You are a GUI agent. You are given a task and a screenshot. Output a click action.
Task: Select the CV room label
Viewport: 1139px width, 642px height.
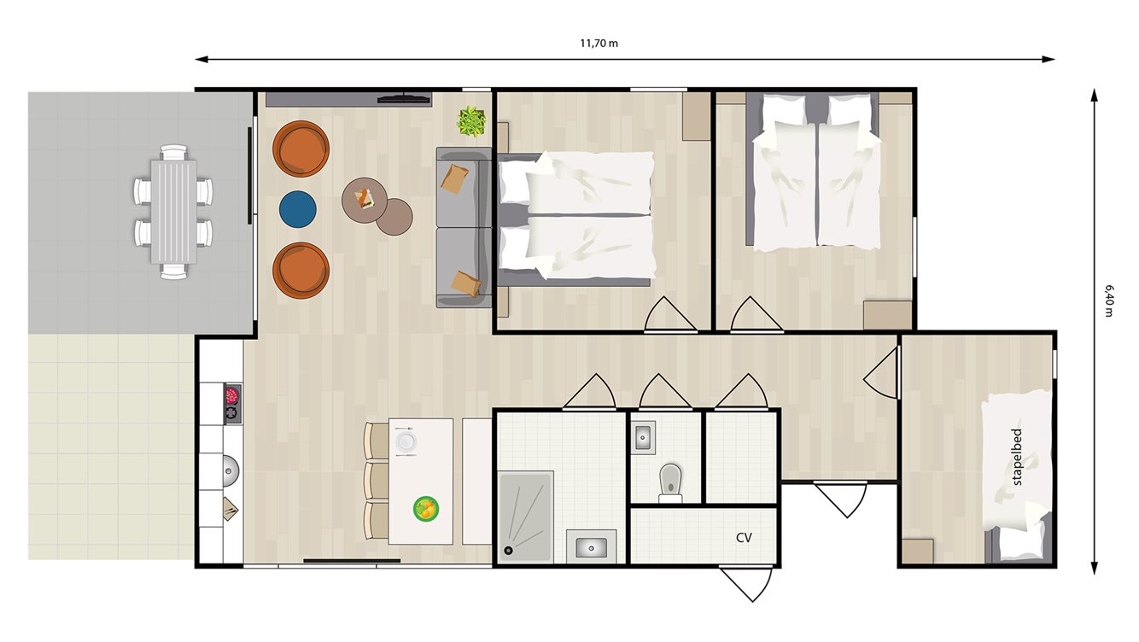click(744, 538)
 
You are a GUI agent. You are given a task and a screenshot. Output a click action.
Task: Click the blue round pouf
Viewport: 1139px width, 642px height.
click(298, 210)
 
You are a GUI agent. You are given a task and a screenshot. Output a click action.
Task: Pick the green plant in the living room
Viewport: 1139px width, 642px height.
click(470, 121)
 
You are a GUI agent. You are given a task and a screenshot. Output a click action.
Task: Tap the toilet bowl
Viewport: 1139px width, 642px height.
click(670, 479)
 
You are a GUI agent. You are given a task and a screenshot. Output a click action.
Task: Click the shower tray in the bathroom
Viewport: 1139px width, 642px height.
click(525, 516)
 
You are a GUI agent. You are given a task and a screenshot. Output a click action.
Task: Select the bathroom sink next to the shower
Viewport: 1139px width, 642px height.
click(591, 546)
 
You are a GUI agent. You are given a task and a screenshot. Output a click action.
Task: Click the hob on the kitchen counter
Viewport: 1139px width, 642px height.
click(231, 404)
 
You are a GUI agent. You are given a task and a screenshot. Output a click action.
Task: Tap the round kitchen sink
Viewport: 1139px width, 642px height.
click(230, 469)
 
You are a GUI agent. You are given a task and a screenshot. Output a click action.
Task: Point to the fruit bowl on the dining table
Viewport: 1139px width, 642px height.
click(426, 510)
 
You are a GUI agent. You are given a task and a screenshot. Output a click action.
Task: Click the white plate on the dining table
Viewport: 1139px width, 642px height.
click(406, 441)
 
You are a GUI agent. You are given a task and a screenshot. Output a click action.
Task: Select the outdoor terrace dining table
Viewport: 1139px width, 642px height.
click(173, 212)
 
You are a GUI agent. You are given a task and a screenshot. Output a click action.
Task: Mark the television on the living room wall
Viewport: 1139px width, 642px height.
click(404, 99)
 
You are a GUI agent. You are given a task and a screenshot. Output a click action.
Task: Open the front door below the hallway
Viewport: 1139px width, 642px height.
click(841, 497)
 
